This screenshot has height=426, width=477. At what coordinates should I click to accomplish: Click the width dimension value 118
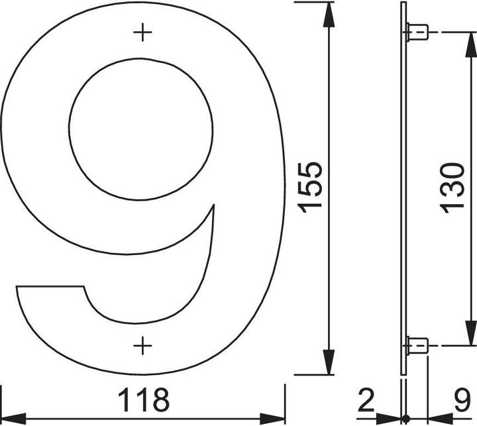pos(144,400)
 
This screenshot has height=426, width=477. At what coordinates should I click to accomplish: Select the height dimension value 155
pos(309,187)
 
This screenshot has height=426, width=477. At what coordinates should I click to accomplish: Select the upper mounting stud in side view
pos(417,31)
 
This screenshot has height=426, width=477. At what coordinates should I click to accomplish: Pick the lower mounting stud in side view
pos(417,345)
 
